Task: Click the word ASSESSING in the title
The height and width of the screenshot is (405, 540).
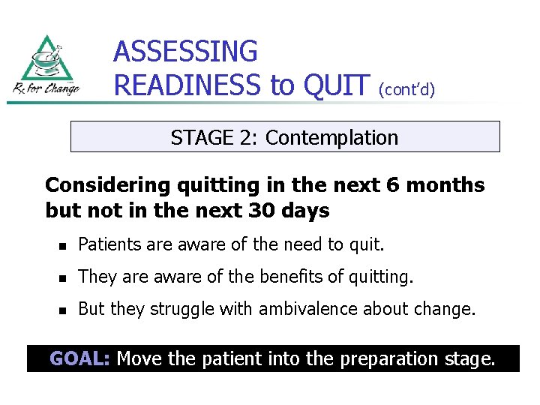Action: pos(185,52)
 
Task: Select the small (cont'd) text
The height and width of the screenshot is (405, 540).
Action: pos(406,89)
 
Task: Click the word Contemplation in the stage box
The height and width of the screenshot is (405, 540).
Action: pos(331,138)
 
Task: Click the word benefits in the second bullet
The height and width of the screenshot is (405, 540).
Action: pos(289,277)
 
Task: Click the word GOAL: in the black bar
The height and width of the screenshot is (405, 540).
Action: pos(79,358)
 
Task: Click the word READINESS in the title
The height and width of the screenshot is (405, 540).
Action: pos(189,85)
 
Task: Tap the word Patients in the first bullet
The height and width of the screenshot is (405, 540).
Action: pos(107,244)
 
